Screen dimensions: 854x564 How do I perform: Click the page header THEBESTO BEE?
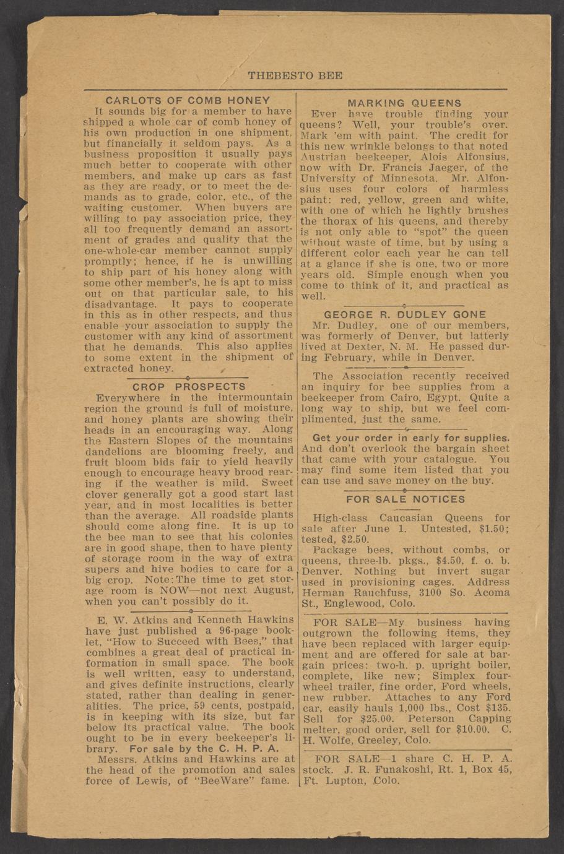pos(295,76)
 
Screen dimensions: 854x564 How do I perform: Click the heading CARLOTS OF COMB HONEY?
pos(188,100)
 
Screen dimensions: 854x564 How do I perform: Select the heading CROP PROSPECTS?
pos(189,386)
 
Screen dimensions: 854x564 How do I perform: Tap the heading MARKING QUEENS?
pos(404,103)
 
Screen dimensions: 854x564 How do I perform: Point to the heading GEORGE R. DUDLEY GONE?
pos(405,314)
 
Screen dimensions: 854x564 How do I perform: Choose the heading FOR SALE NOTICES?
pos(405,499)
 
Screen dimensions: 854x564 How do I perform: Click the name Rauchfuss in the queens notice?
pos(379,593)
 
